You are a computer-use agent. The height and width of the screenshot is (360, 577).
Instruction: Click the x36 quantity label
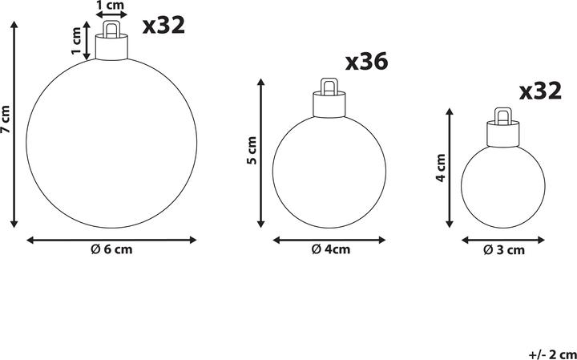pyautogui.click(x=366, y=62)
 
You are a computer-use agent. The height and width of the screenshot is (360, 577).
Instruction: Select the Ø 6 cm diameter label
pyautogui.click(x=111, y=249)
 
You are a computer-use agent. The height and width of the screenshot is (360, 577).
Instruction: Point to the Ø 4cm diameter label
pyautogui.click(x=331, y=249)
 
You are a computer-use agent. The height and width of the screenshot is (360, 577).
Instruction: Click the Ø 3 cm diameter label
pyautogui.click(x=504, y=250)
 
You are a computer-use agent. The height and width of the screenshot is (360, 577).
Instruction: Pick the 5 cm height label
pyautogui.click(x=252, y=151)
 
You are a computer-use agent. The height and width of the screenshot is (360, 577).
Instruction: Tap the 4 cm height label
pyautogui.click(x=440, y=168)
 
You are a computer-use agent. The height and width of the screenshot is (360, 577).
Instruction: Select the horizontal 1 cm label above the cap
pyautogui.click(x=111, y=5)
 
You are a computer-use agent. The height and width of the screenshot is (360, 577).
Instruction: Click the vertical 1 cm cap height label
pyautogui.click(x=77, y=41)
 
